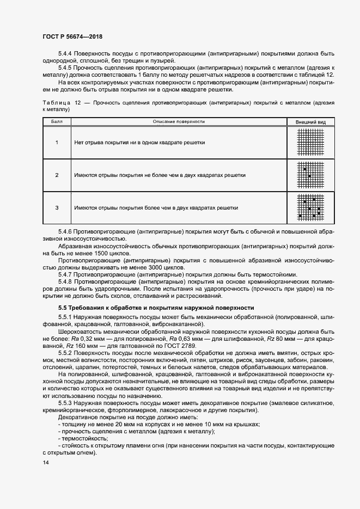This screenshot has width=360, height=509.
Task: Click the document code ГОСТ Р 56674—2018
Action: coord(72,37)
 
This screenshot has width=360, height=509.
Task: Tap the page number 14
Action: coord(45,463)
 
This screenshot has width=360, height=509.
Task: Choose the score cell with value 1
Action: coord(57,142)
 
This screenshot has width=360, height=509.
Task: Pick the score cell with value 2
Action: coord(57,175)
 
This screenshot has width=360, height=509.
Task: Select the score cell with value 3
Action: coord(57,207)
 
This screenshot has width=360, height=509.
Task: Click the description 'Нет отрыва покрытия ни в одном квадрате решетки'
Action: coord(139,142)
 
